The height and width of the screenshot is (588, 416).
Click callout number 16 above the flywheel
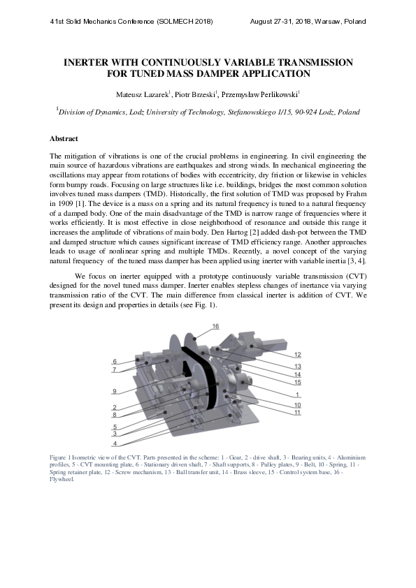click(x=215, y=326)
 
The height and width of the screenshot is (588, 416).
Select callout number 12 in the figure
click(x=297, y=355)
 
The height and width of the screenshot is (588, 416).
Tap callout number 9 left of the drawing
click(x=114, y=391)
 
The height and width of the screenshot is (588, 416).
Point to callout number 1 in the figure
click(x=297, y=395)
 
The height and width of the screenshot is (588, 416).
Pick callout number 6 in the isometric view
click(x=114, y=361)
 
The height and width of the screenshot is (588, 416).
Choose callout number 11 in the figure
click(x=297, y=413)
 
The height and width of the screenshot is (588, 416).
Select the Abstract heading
click(x=64, y=139)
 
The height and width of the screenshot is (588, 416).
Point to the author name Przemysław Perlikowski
click(x=259, y=94)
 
